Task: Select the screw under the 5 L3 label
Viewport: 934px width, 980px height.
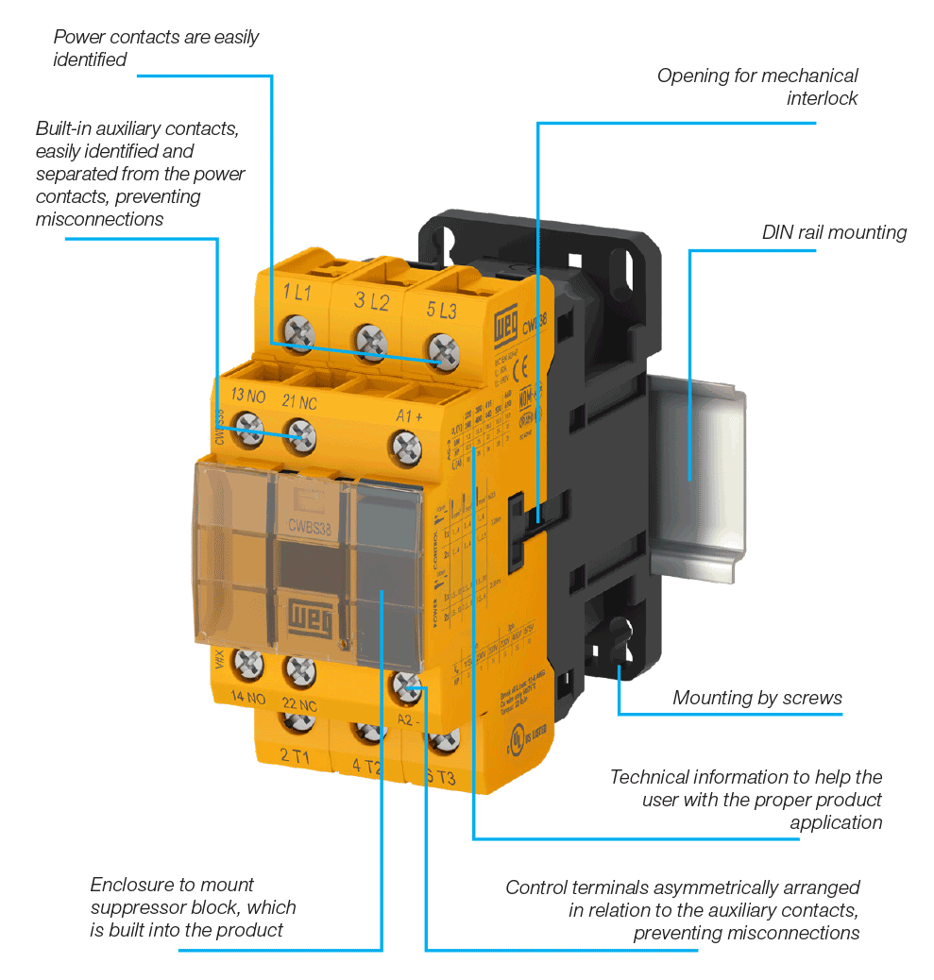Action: tap(443, 348)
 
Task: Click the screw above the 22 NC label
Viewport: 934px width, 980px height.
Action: tap(300, 672)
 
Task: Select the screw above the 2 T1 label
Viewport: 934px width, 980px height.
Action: tap(298, 720)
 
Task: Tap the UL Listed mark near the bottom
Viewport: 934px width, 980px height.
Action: tap(518, 739)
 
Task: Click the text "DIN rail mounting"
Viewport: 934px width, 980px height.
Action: tap(834, 232)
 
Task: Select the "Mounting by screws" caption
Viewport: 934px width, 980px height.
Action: tap(756, 698)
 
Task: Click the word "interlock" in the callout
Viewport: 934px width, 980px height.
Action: tap(822, 98)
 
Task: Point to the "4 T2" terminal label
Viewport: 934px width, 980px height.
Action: tap(368, 766)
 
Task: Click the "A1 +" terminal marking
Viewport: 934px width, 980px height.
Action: tap(409, 414)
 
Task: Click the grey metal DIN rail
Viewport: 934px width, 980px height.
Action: tap(699, 472)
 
